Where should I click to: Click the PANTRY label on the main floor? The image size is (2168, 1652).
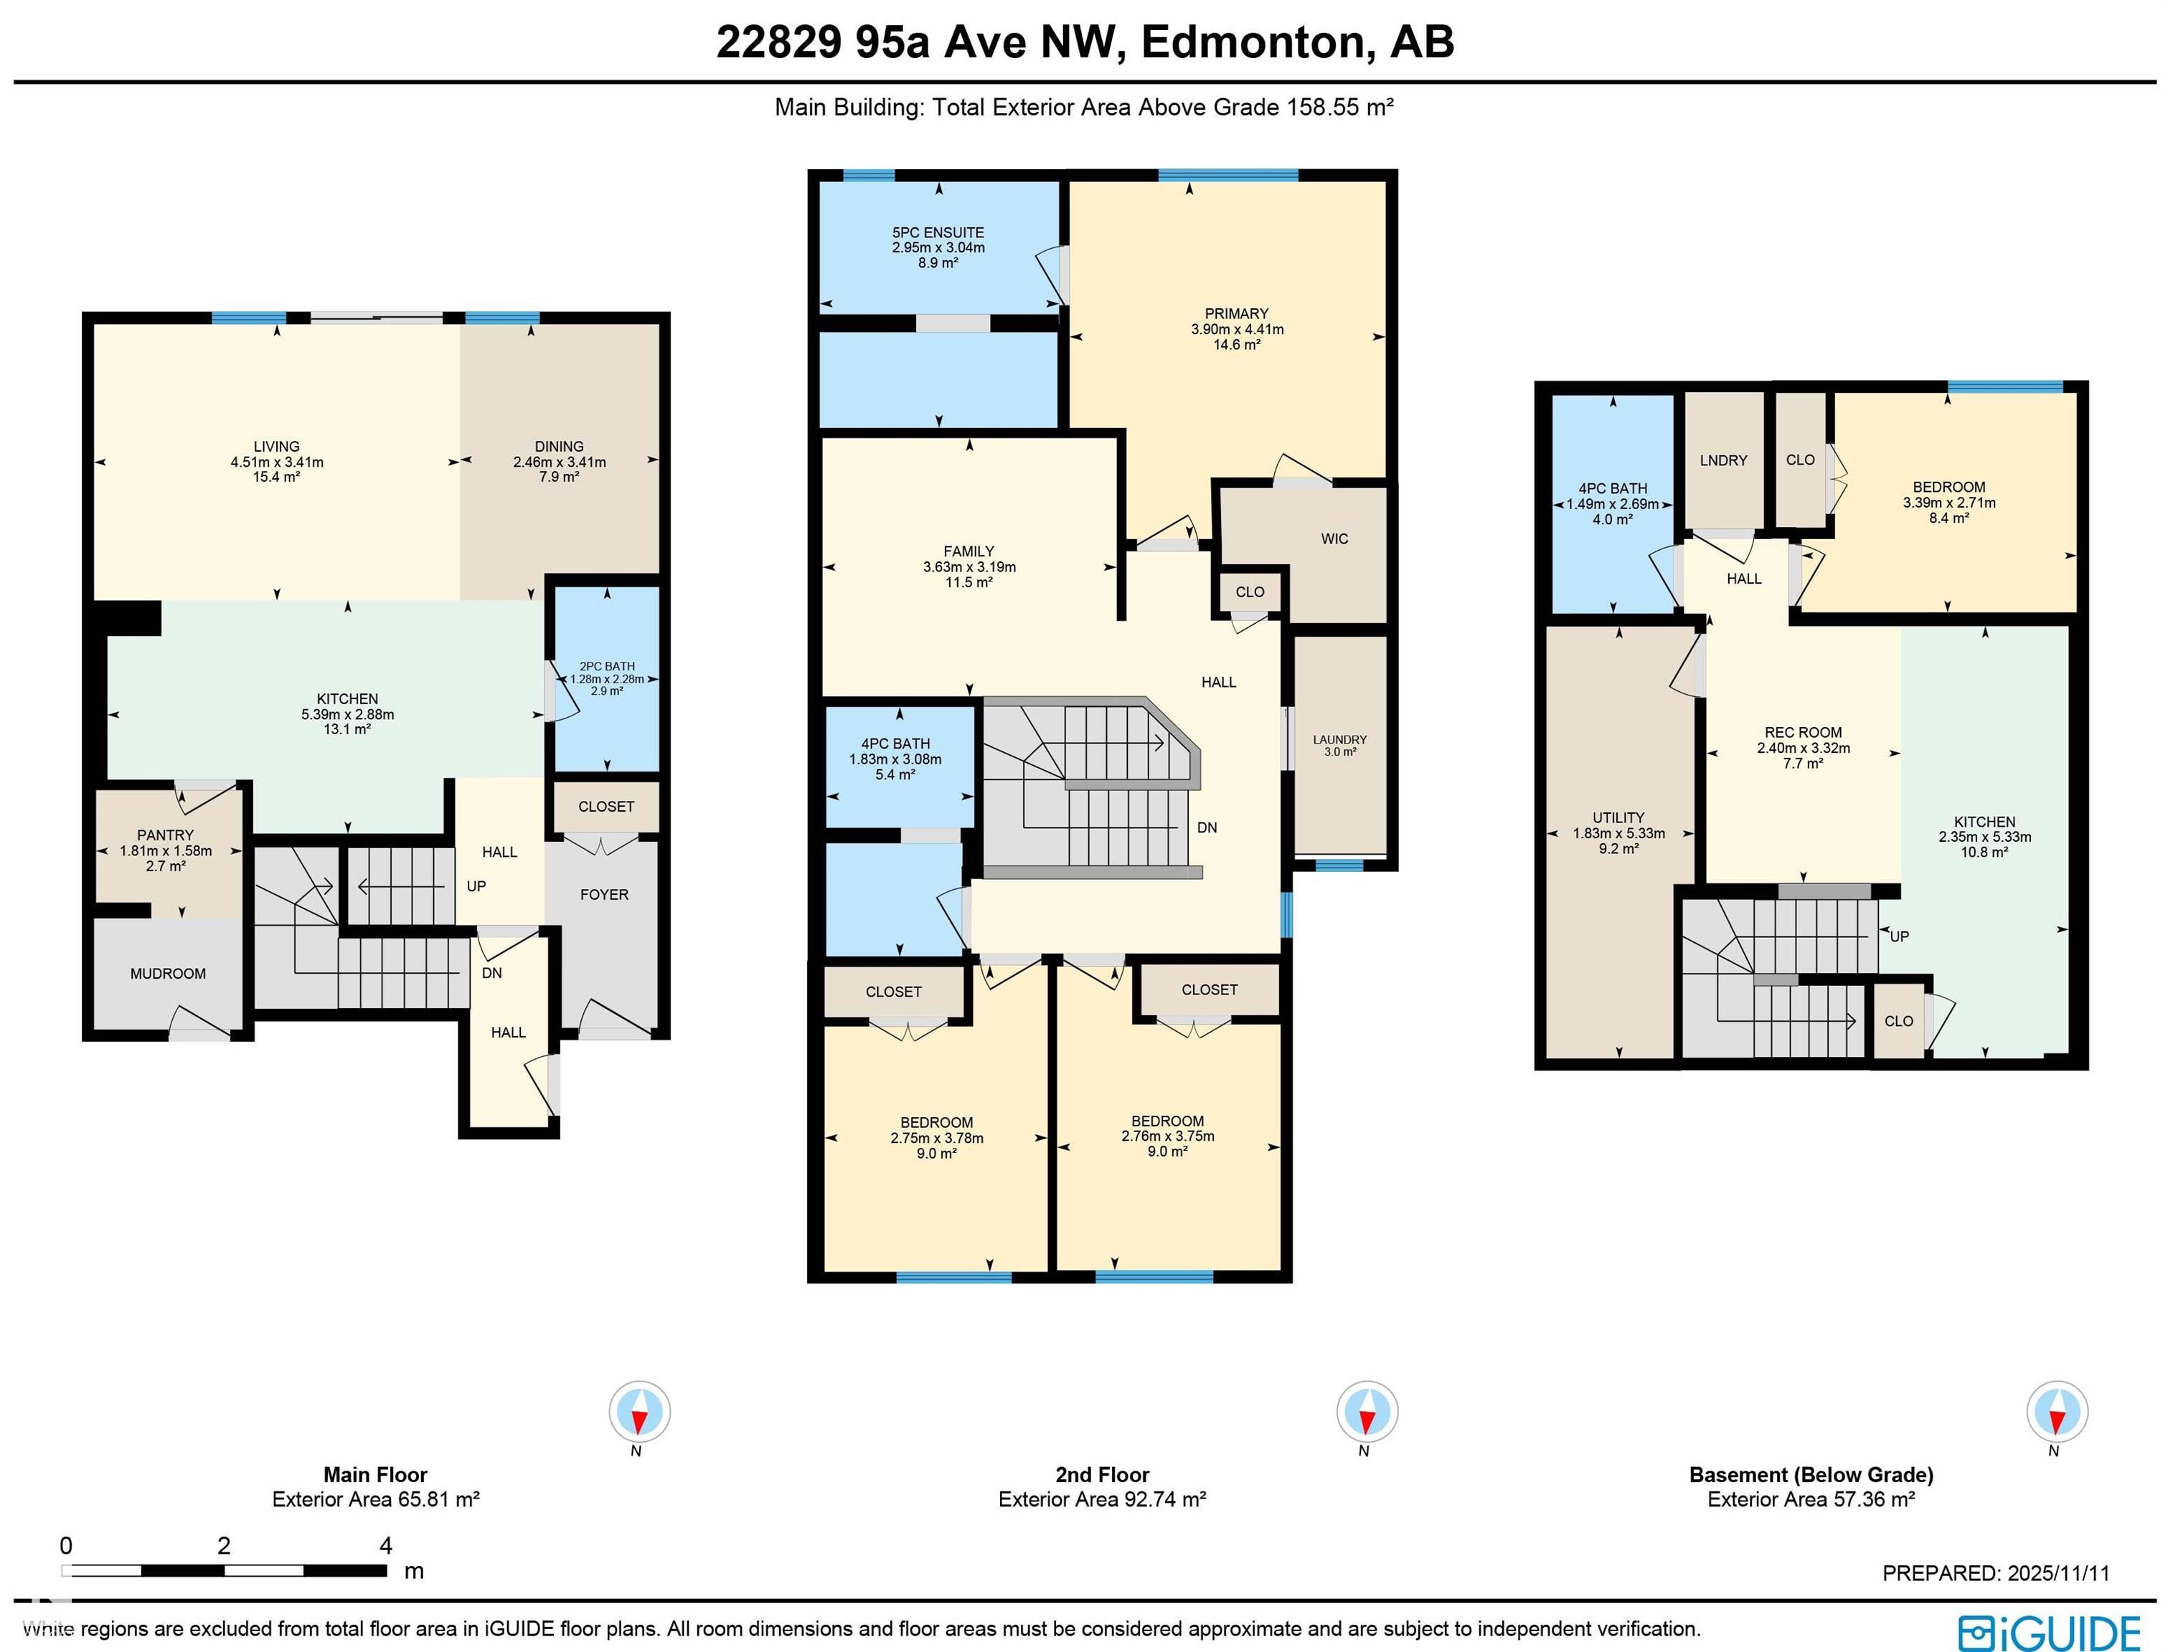tap(165, 835)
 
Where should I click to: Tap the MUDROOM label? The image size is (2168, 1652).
tap(168, 974)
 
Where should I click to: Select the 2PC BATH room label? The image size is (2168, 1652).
tap(607, 665)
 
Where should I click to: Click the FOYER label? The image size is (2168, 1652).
tap(604, 895)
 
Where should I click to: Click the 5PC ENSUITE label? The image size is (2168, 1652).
tap(938, 233)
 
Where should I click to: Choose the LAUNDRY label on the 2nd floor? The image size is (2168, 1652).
tap(1339, 739)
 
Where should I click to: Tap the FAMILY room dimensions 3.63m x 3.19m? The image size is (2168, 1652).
tap(969, 567)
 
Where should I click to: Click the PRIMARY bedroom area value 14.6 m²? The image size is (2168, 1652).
tap(1237, 345)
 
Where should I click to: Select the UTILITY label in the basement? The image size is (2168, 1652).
tap(1618, 817)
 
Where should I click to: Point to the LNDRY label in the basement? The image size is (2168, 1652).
tap(1723, 460)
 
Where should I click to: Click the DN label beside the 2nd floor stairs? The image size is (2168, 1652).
tap(1207, 828)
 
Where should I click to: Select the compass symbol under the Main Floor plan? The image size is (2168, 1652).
tap(639, 1412)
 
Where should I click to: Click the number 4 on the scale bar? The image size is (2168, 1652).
tap(385, 1546)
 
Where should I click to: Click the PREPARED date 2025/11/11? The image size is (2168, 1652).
tap(2058, 1573)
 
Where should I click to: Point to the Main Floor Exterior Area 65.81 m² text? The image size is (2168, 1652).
tap(376, 1499)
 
